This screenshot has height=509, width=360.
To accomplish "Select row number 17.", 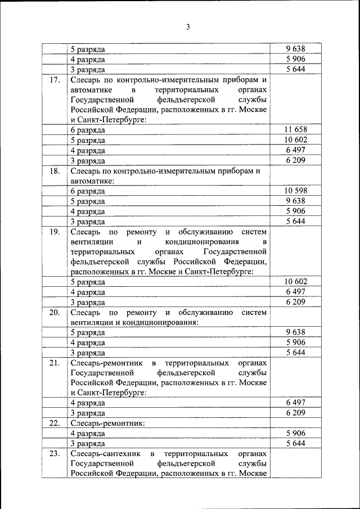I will (55, 80).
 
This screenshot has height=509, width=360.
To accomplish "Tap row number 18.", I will (55, 170).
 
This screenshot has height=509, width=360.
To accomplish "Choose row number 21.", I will (55, 363).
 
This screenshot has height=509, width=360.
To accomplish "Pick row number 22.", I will (55, 423).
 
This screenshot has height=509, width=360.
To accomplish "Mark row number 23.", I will (55, 453).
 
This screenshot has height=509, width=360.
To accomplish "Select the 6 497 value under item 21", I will (295, 402).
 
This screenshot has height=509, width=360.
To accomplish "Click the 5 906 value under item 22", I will (295, 433).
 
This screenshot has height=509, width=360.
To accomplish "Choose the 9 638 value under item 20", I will (295, 332).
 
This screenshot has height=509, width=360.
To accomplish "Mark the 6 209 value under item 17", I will (295, 160).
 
